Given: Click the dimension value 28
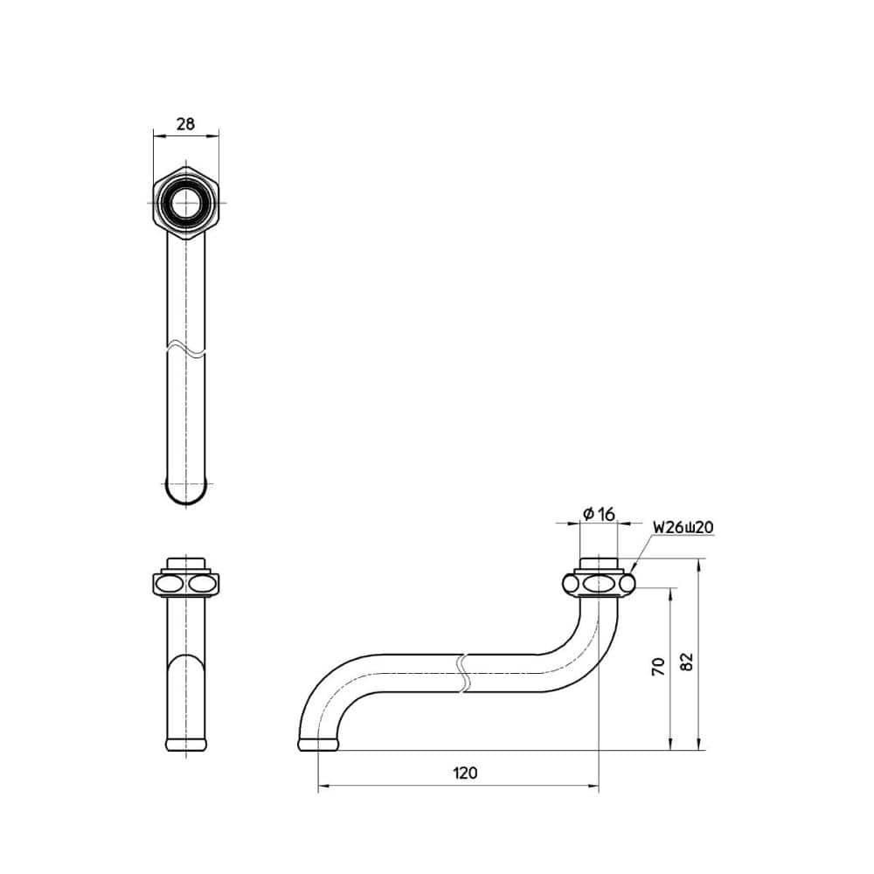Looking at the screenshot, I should point(185,124).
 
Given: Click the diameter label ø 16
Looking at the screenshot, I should point(599,515).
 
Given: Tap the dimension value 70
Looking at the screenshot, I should point(659,667).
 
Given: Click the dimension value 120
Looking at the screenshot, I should point(464,773).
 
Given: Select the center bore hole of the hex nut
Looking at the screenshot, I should point(185,203).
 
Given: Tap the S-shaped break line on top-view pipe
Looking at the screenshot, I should point(185,347).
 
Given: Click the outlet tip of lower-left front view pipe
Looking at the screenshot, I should point(185,745).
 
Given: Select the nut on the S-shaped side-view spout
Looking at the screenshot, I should point(599,583).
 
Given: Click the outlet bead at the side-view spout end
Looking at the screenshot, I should point(317,745).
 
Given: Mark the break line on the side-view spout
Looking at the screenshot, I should point(463,673).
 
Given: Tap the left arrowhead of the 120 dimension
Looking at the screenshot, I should point(322,787).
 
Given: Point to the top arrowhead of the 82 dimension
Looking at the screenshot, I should point(699,566).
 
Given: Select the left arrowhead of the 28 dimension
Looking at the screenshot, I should point(157,135).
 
